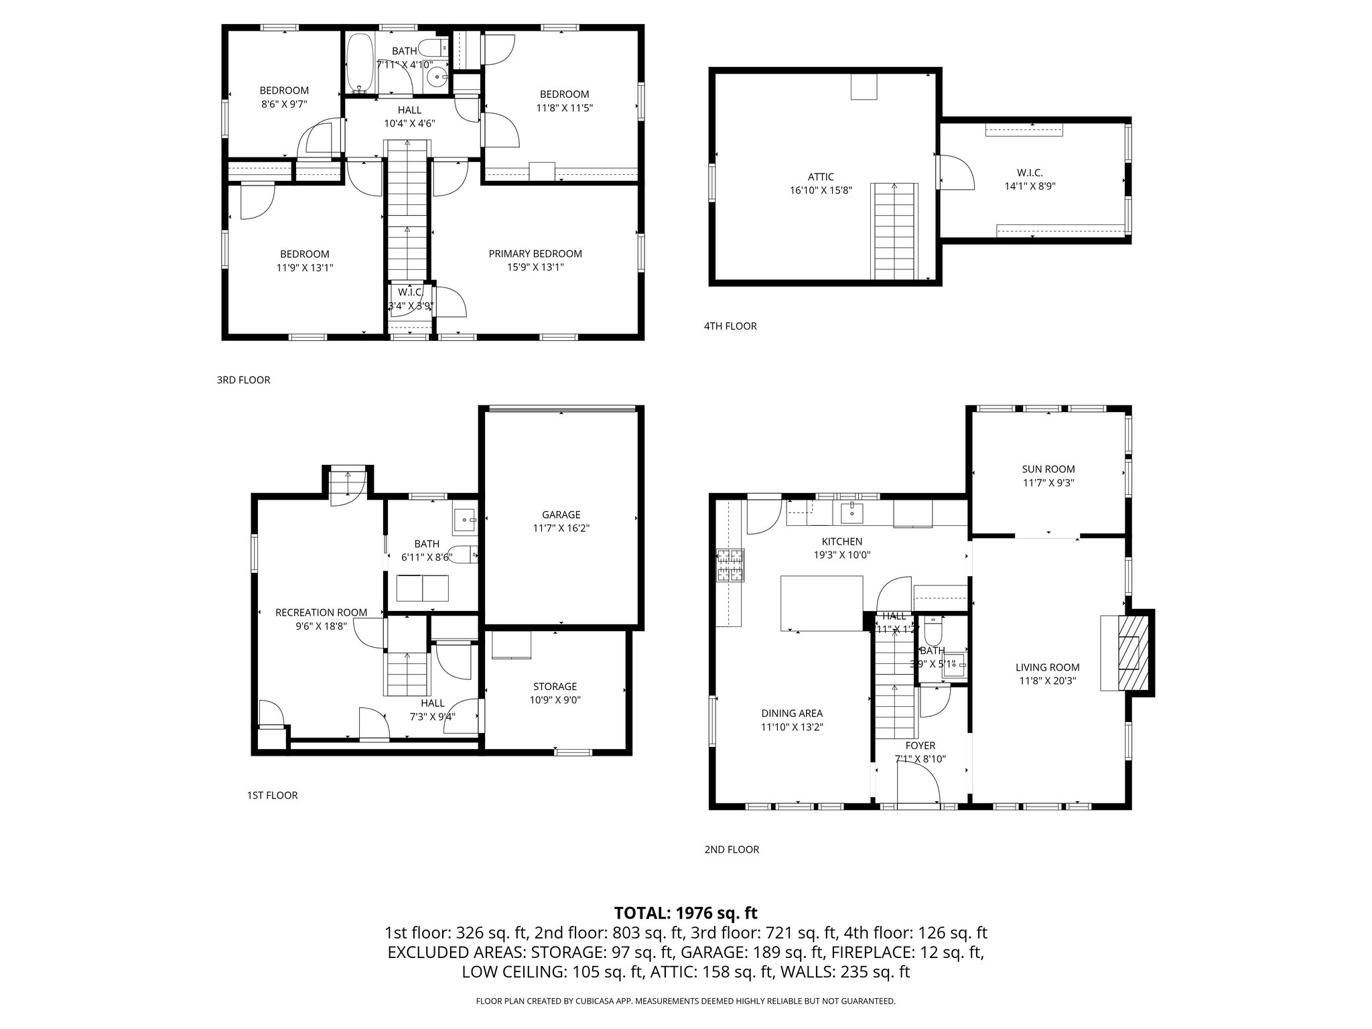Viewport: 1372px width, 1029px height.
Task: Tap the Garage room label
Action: point(561,514)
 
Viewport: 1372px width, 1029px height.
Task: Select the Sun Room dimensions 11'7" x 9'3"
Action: point(1048,482)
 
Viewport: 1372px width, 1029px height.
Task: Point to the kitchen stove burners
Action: point(730,565)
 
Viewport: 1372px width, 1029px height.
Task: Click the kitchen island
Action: point(821,603)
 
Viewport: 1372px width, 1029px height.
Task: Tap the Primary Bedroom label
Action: point(535,254)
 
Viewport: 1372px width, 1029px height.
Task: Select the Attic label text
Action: point(821,177)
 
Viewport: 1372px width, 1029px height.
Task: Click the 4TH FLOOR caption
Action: point(730,326)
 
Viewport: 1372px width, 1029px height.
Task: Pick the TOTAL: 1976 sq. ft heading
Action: point(685,912)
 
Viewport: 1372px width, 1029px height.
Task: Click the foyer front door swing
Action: point(921,784)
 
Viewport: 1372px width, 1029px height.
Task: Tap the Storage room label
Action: point(555,687)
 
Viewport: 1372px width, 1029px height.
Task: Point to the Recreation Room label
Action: point(321,612)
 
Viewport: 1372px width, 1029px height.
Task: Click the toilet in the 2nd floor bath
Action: point(933,631)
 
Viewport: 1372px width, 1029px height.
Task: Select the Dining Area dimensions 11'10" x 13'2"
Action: point(792,727)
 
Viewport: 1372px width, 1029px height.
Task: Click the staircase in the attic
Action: point(893,231)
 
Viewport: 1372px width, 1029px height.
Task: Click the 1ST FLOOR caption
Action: point(272,795)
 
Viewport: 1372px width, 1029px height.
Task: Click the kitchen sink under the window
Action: point(851,513)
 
